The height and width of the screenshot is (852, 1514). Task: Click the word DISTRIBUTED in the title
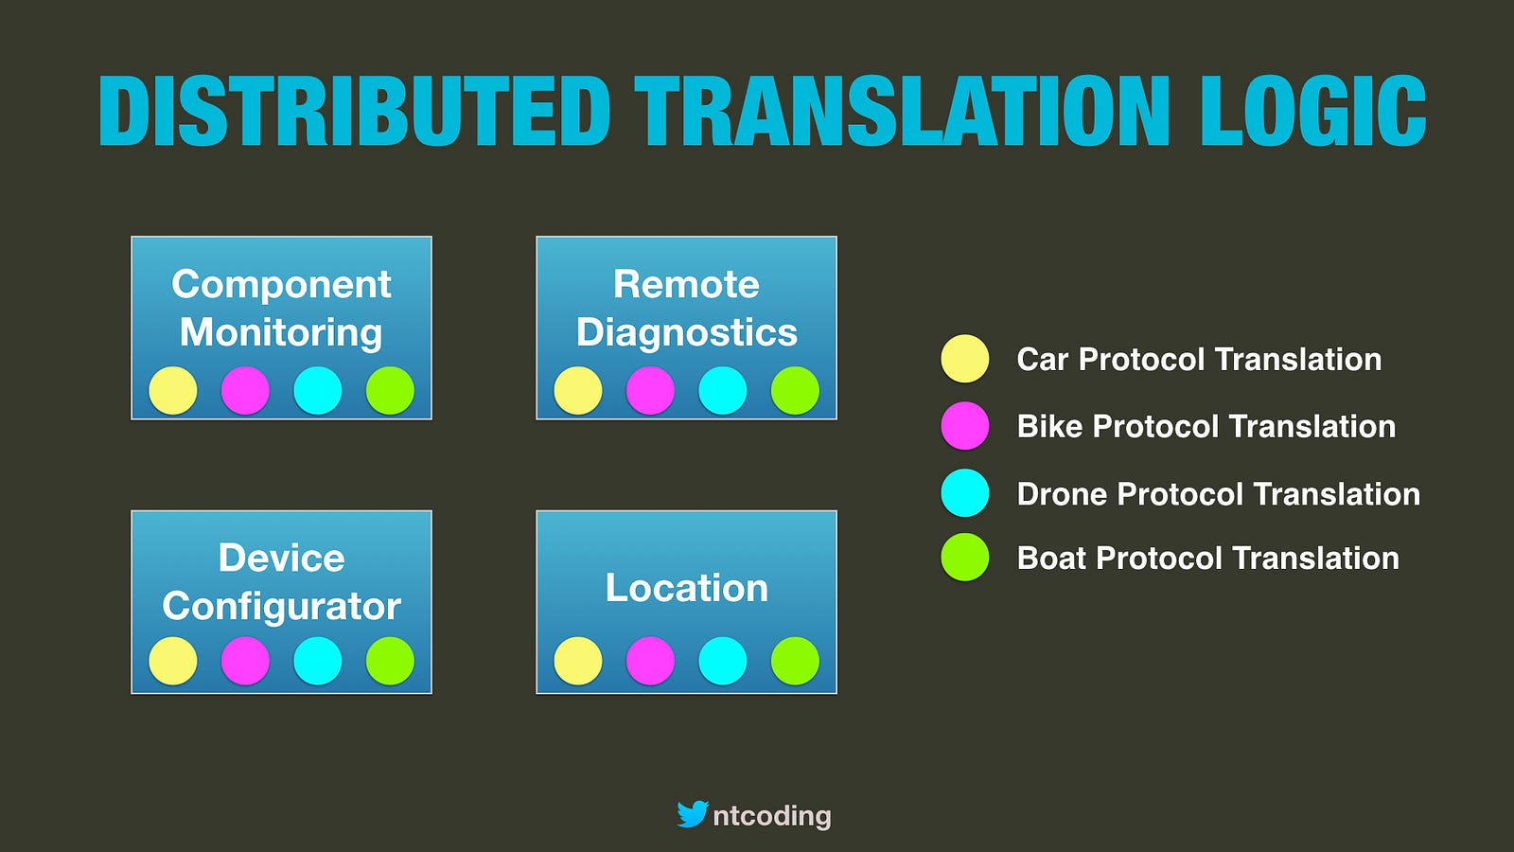tap(354, 111)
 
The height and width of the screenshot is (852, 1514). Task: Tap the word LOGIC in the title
tap(1313, 111)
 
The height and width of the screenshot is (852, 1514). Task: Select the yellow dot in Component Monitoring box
tap(173, 390)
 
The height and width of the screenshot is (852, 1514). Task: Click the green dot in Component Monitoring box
tap(390, 390)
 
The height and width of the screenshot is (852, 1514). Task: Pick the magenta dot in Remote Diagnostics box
tap(650, 390)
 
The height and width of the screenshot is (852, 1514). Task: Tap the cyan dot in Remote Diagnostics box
tap(723, 390)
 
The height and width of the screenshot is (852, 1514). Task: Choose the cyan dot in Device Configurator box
tap(318, 661)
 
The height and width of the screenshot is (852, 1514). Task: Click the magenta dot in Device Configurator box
tap(245, 661)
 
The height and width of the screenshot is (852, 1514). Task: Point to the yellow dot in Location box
tap(578, 661)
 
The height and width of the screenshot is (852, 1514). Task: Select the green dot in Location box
tap(795, 661)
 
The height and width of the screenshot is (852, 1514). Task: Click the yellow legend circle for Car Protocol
tap(965, 359)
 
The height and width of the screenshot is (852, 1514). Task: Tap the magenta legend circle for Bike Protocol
tap(965, 426)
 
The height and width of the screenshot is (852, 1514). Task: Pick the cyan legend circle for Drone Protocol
tap(965, 493)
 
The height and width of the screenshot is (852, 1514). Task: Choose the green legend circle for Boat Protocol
tap(965, 558)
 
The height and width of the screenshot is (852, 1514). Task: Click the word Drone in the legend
tap(1063, 493)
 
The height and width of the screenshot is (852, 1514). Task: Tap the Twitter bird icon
tap(693, 814)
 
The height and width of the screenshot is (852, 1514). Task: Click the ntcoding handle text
tap(772, 816)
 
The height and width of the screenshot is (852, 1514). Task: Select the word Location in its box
tap(687, 587)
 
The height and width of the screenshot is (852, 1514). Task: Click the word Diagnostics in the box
tap(687, 332)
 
